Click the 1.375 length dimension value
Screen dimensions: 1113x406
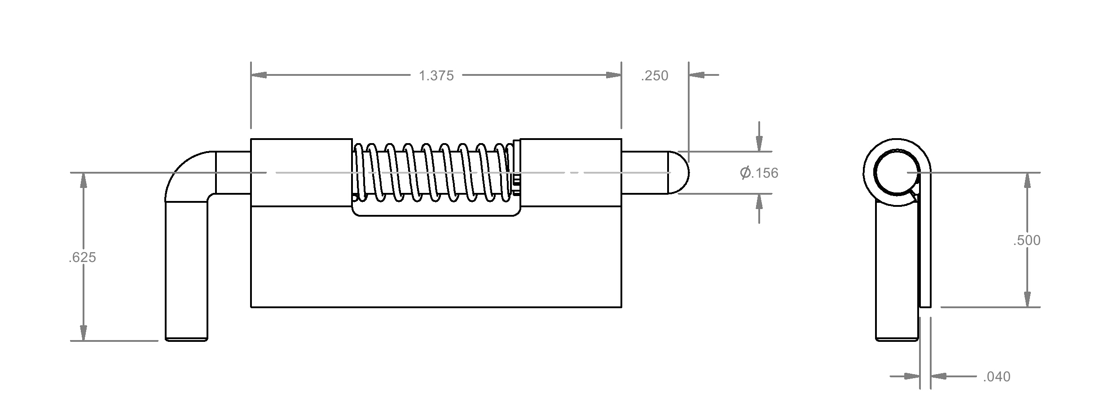[436, 75]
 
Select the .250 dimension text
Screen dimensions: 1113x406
[655, 76]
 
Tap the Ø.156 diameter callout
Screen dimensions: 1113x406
[759, 173]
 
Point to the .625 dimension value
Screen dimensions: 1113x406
[83, 258]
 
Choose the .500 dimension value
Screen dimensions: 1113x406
[1027, 240]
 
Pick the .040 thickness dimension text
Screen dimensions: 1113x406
[997, 377]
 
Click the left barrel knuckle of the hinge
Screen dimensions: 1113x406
[301, 173]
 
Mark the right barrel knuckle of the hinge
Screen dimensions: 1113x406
[571, 173]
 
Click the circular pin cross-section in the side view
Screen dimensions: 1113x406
[897, 173]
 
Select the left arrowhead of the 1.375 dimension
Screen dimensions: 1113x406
[259, 75]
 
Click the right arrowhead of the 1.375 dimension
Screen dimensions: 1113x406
[614, 75]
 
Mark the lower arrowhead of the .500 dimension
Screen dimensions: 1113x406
[1027, 299]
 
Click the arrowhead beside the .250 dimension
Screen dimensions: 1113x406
[696, 75]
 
